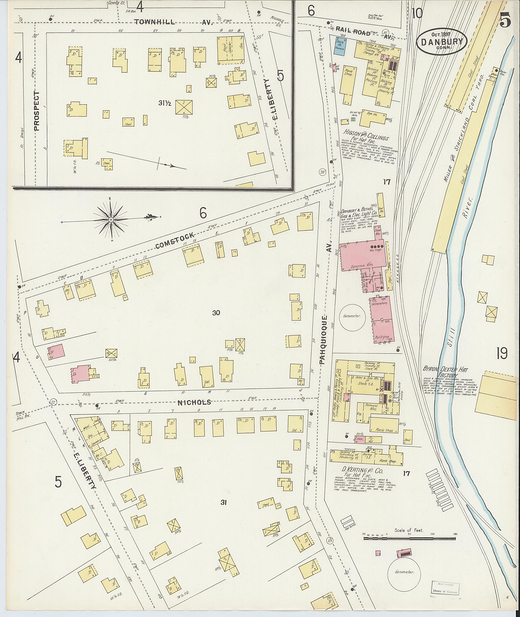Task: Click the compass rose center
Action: pos(111,220)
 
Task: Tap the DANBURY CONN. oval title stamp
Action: pos(441,42)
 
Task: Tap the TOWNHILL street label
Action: pos(155,22)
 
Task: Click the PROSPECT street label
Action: pos(36,111)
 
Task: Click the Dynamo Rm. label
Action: pos(366,265)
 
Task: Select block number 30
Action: pos(216,313)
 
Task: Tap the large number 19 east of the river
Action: pos(501,353)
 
